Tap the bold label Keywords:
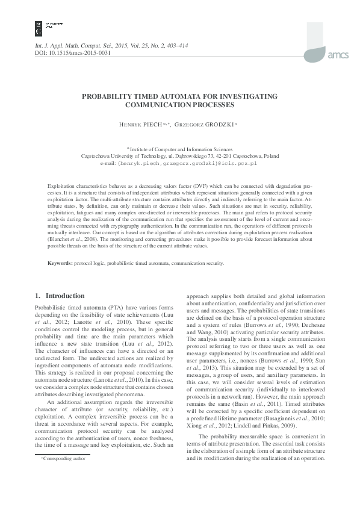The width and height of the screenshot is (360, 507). click(60, 264)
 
